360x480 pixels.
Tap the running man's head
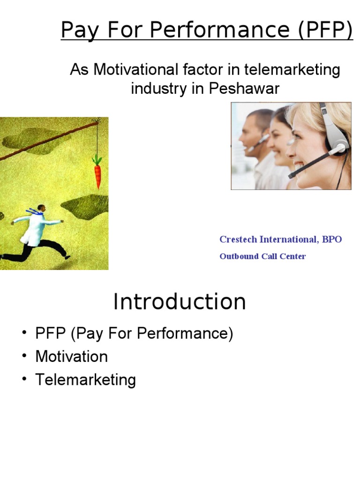click(41, 208)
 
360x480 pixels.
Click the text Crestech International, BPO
click(280, 240)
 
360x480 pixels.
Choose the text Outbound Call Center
click(262, 256)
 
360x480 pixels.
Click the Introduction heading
click(180, 301)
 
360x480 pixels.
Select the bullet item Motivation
click(71, 357)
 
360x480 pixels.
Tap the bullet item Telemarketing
click(85, 380)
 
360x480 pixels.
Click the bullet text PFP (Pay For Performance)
click(134, 334)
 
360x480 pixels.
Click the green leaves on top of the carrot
click(97, 160)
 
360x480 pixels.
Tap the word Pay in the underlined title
click(78, 30)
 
